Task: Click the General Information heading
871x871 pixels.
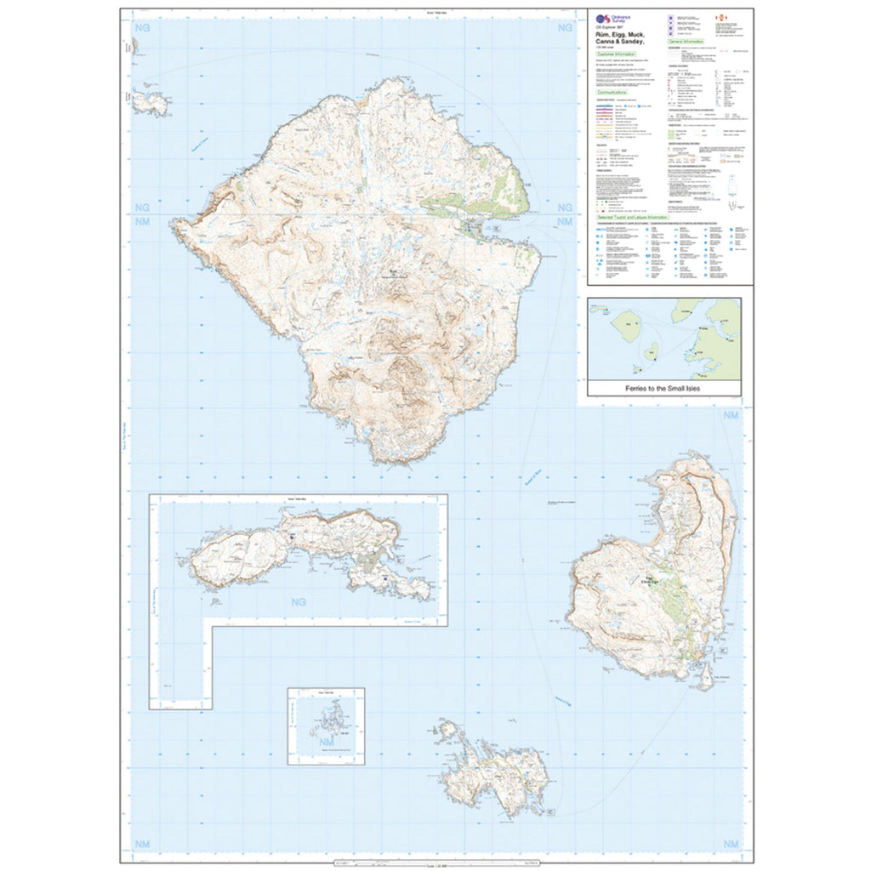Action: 686,41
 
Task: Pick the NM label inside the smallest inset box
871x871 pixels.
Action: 326,742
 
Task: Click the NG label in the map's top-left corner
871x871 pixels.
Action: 141,28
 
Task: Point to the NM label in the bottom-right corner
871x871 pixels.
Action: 731,843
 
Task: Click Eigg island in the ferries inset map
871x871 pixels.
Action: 651,351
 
